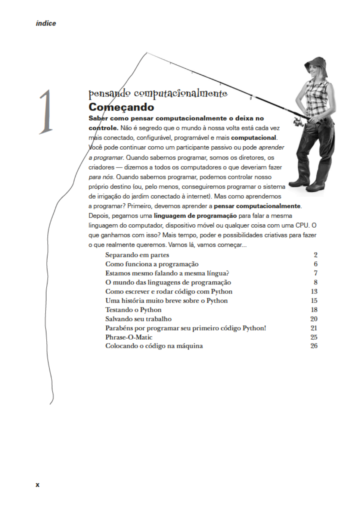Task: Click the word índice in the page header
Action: click(x=46, y=24)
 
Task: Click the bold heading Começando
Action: click(x=121, y=107)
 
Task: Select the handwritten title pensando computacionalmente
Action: click(x=158, y=93)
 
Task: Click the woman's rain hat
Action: click(x=316, y=65)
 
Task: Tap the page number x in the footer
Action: click(x=37, y=485)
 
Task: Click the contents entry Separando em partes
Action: click(x=137, y=255)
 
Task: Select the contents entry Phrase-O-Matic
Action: click(x=128, y=337)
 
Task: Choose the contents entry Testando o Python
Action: click(x=133, y=310)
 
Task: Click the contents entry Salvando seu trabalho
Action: click(x=138, y=319)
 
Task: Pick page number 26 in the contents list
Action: click(x=314, y=346)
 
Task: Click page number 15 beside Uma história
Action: click(x=314, y=301)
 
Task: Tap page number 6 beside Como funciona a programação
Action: click(x=316, y=264)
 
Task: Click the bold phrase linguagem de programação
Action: click(x=195, y=216)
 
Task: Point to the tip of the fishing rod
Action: click(x=146, y=53)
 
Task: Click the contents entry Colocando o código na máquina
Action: click(x=154, y=346)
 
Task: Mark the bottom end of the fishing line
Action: click(x=50, y=404)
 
